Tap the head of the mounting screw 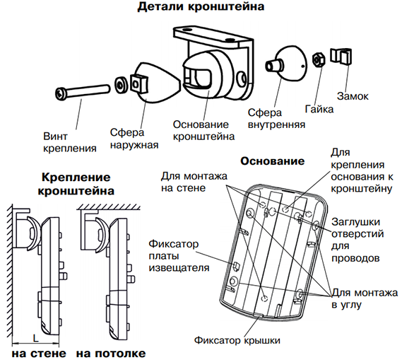[x=61, y=93]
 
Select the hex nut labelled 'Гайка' [x=319, y=59]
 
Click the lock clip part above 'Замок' [x=341, y=56]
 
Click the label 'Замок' [x=353, y=96]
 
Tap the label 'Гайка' [x=319, y=110]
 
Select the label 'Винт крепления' [x=69, y=142]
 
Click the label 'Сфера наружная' [x=134, y=139]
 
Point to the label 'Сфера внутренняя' [x=276, y=119]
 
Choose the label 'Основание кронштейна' [x=203, y=130]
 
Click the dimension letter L [x=35, y=338]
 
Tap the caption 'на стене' [x=39, y=354]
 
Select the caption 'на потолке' [x=111, y=354]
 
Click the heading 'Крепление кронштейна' [x=76, y=184]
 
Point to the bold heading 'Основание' [x=273, y=161]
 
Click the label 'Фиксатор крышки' [x=237, y=340]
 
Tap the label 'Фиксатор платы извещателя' [x=179, y=255]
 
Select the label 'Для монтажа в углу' [x=365, y=298]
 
